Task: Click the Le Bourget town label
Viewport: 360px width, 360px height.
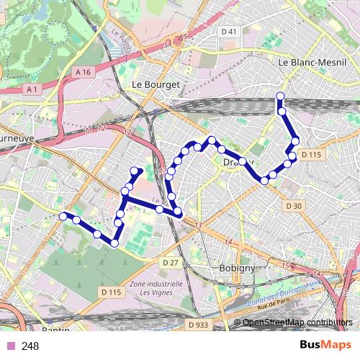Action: coord(156,84)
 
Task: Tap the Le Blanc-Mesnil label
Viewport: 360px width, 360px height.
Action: coord(303,62)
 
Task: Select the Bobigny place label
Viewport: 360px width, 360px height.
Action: coord(236,268)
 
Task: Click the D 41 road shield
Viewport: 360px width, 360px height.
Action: coord(230,31)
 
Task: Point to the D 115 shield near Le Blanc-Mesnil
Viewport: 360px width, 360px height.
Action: coord(311,154)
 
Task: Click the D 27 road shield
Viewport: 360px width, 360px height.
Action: coord(170,263)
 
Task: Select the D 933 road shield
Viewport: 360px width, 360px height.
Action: coord(198,325)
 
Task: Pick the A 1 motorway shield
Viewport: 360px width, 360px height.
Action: coord(30,89)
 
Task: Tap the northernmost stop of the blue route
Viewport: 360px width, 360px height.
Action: coord(280,96)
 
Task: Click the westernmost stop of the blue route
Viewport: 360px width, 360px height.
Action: coord(63,216)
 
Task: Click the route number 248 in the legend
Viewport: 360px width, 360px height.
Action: coord(30,346)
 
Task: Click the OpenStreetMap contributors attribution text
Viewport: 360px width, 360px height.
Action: coord(297,322)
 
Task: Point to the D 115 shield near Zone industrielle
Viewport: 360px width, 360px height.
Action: coord(111,292)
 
